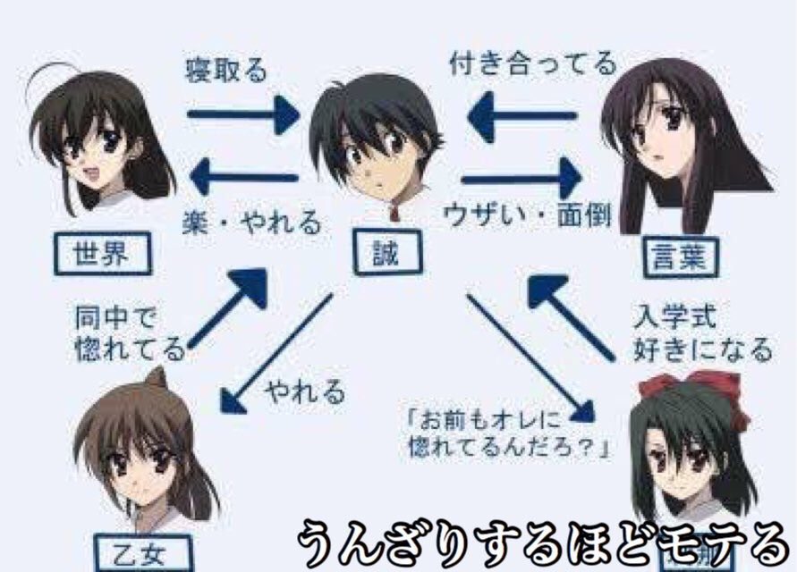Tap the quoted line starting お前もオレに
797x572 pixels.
(x=506, y=431)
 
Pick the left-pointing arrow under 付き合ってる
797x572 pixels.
(x=521, y=116)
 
